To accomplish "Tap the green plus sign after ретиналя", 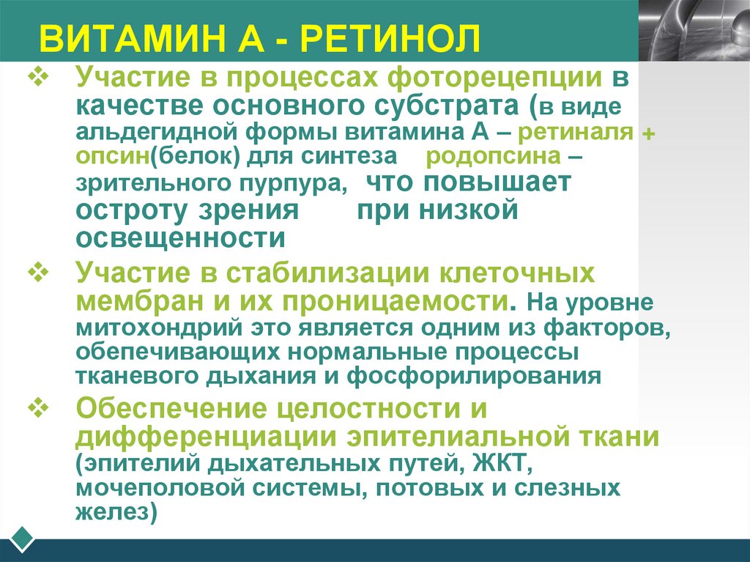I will coord(647,133).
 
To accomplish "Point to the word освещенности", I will coord(180,237).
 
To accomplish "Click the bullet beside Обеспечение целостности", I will coord(37,406).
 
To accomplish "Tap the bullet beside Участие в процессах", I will coord(37,76).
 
